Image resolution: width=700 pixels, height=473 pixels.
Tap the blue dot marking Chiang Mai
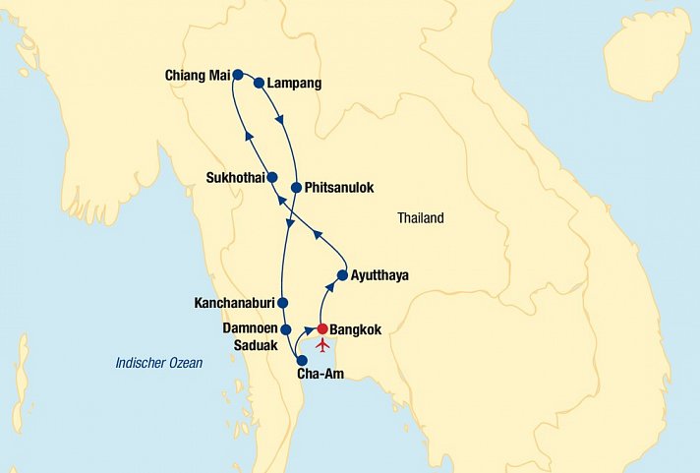(x=238, y=74)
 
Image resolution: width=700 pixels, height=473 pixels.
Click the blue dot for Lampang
(x=260, y=84)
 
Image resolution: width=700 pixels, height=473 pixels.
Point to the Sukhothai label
(x=235, y=178)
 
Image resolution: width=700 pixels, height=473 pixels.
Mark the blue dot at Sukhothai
(x=273, y=178)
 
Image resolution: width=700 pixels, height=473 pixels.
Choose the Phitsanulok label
(x=340, y=187)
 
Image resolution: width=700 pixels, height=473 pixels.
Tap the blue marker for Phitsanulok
(x=296, y=187)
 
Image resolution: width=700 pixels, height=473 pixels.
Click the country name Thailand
(x=421, y=218)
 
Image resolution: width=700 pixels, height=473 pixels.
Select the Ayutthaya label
(x=379, y=275)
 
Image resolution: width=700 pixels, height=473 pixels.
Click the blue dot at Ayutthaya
(x=342, y=275)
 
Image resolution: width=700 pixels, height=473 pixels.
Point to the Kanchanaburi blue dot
(x=282, y=303)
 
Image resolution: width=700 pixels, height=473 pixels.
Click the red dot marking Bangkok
(x=322, y=329)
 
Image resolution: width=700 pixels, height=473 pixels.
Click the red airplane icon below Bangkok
(x=322, y=345)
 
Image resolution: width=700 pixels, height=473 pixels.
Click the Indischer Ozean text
(x=158, y=363)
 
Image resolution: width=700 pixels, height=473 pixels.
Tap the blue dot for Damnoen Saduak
(x=285, y=329)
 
